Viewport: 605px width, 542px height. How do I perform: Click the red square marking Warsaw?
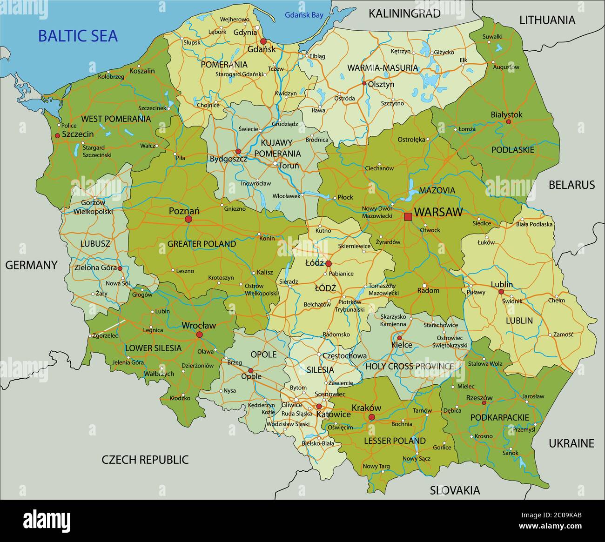(408, 216)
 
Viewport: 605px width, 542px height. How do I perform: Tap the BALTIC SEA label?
(78, 36)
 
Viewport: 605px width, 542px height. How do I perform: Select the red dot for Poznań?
(188, 219)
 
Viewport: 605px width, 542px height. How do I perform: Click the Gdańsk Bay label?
(304, 15)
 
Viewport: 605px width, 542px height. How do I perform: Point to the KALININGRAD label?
(404, 13)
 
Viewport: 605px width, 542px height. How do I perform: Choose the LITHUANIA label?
(547, 20)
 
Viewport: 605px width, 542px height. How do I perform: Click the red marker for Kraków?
(371, 417)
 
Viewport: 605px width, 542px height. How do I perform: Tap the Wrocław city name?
(199, 326)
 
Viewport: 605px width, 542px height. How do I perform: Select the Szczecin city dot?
(57, 135)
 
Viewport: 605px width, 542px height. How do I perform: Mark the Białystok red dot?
(508, 122)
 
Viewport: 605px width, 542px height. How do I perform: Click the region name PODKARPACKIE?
(499, 417)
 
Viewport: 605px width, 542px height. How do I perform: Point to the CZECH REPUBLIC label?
(145, 460)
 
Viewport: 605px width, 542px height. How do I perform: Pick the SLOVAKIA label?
(455, 490)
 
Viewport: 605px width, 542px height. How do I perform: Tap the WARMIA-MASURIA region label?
(383, 68)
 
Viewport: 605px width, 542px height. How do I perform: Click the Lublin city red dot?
(501, 292)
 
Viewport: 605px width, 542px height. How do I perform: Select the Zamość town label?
(564, 335)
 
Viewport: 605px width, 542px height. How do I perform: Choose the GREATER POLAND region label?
(202, 244)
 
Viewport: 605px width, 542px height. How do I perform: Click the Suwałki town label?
(492, 36)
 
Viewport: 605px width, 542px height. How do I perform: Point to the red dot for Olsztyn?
(364, 84)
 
